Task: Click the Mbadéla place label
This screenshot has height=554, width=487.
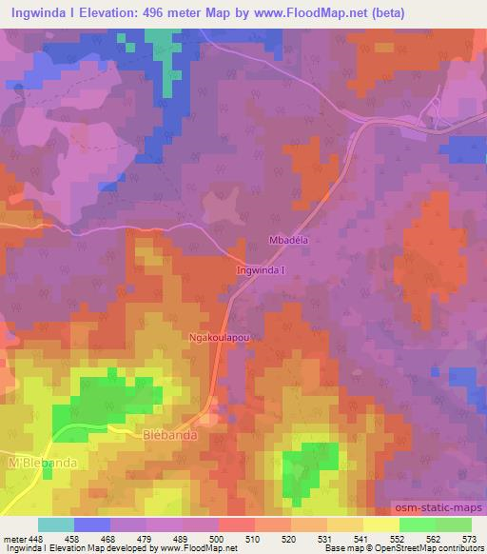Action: [x=291, y=241]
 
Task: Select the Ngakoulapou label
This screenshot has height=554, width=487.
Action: [x=221, y=337]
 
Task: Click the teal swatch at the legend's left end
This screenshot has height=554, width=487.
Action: [x=56, y=524]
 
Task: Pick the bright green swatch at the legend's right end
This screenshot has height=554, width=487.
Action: [x=453, y=524]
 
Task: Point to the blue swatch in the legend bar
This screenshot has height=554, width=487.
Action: [x=92, y=524]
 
